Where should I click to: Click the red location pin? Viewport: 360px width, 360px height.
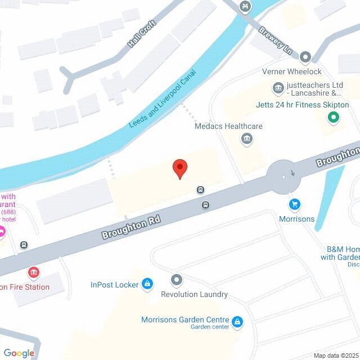click(179, 168)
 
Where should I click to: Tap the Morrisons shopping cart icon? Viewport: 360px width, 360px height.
click(293, 205)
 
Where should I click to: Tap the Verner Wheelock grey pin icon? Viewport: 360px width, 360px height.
click(305, 57)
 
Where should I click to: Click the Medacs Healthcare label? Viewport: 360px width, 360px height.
click(228, 126)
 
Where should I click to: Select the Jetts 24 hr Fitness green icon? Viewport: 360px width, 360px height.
click(333, 118)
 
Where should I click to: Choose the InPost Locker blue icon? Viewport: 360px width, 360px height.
click(147, 284)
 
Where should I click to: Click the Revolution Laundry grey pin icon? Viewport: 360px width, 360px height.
click(177, 280)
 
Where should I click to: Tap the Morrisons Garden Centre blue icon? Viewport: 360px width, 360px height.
click(237, 321)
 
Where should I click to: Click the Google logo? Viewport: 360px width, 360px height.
click(19, 353)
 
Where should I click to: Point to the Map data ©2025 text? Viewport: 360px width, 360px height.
click(335, 355)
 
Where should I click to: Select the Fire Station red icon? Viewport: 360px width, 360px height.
click(34, 273)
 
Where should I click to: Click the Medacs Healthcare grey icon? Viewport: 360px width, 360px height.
click(246, 139)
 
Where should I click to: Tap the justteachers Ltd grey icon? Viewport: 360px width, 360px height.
click(278, 88)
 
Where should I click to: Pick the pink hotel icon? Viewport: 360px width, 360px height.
click(2, 230)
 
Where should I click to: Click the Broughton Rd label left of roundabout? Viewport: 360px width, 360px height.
click(132, 226)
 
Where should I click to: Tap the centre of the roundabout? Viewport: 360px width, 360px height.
click(283, 175)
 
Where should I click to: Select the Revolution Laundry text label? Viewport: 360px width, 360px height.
click(194, 294)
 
